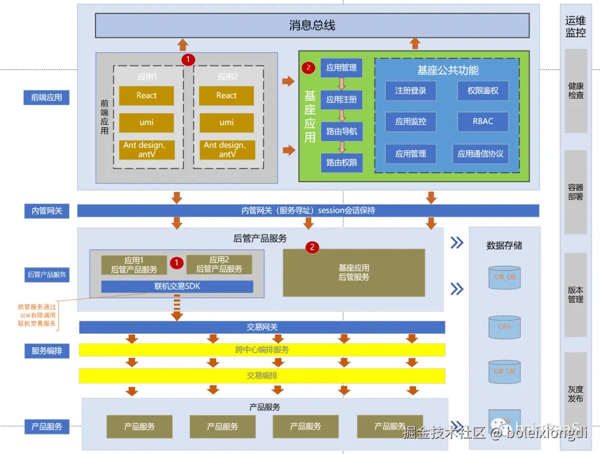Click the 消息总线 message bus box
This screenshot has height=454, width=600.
tap(312, 26)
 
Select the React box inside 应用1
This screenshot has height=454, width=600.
tap(147, 96)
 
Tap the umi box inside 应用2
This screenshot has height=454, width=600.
tap(227, 122)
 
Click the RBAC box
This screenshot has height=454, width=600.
tap(483, 121)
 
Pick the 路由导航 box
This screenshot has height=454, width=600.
tap(342, 132)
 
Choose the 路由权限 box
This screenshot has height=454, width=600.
tap(342, 163)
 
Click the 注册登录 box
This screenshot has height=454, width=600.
tap(411, 91)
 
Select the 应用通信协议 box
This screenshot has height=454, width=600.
tap(481, 154)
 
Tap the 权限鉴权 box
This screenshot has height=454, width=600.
tap(483, 91)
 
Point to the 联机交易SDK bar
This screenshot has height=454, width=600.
tap(177, 287)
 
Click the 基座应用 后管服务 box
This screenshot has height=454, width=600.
tap(354, 272)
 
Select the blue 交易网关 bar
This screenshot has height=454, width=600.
tap(262, 327)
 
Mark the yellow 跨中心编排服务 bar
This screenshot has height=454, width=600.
tap(262, 350)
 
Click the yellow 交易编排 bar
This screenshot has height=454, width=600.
tap(262, 376)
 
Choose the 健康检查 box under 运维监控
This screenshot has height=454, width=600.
tap(576, 91)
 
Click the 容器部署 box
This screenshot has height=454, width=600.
tap(576, 192)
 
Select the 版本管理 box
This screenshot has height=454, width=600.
tap(576, 295)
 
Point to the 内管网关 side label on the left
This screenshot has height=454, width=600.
tap(47, 211)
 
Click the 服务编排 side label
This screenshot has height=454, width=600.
tap(47, 351)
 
